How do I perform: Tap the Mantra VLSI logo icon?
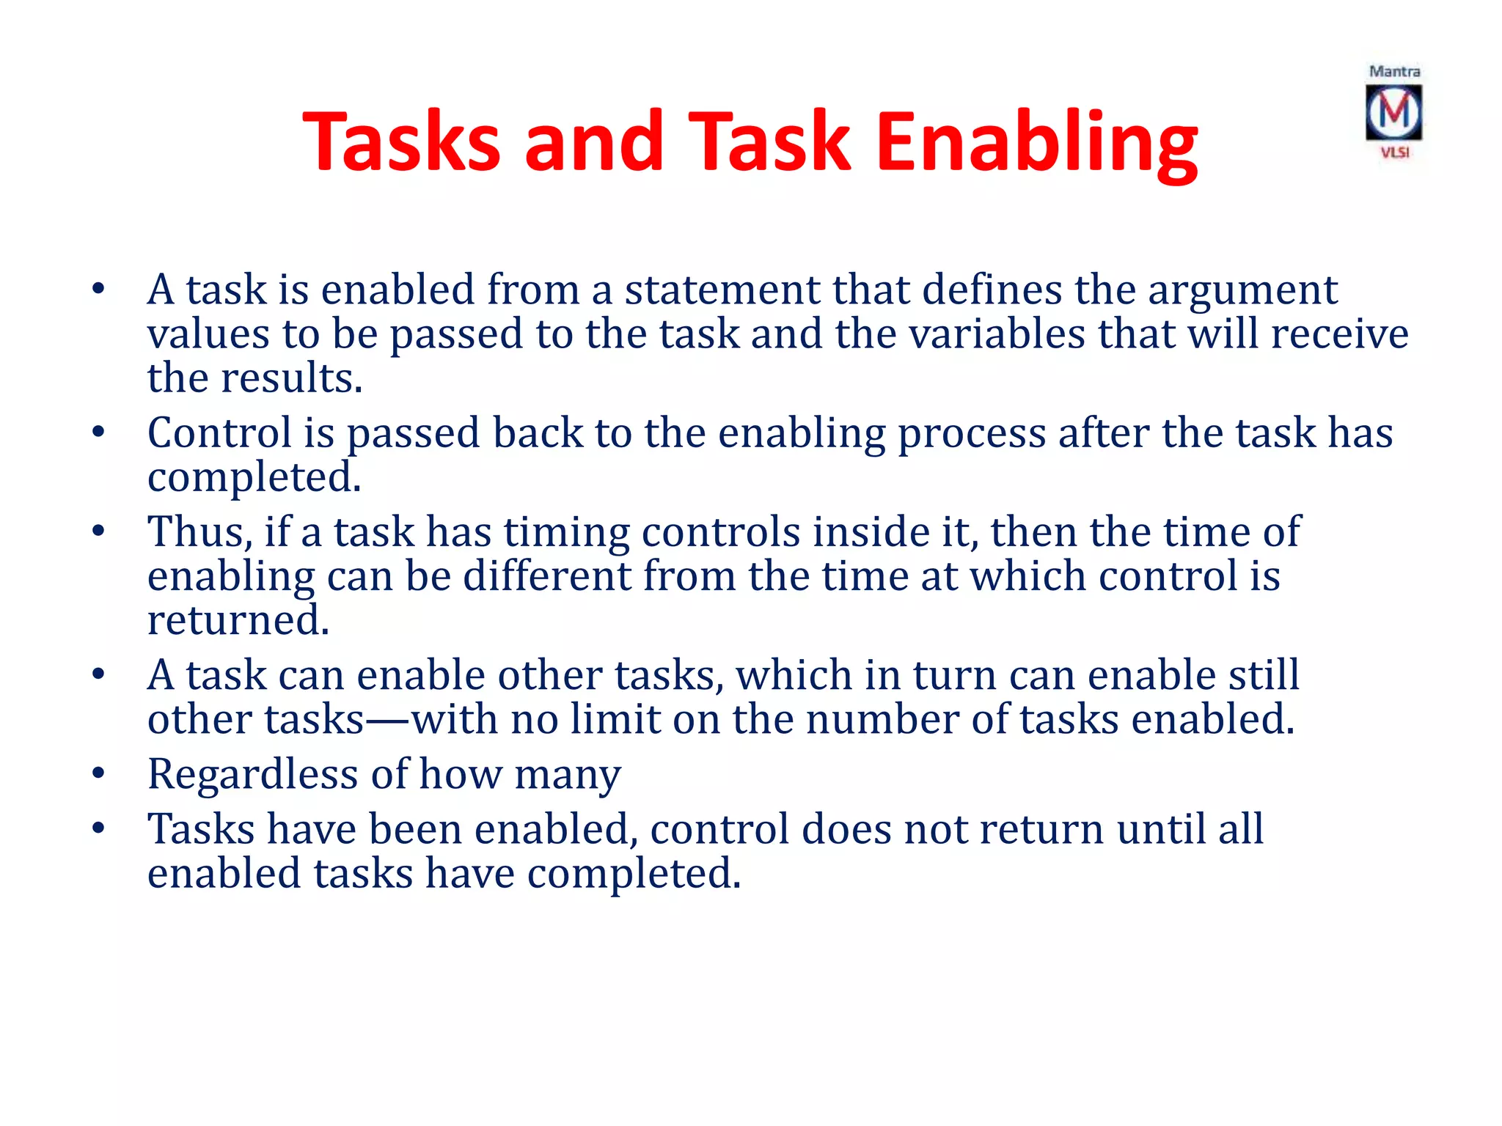click(1393, 112)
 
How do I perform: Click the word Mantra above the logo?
click(1394, 72)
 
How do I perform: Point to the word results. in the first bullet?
click(291, 378)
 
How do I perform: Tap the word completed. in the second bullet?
click(254, 479)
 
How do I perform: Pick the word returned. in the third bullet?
click(238, 620)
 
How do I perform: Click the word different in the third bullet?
click(547, 576)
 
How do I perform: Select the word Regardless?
click(252, 775)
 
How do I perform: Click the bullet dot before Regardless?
click(98, 773)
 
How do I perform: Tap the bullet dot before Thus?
click(98, 531)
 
